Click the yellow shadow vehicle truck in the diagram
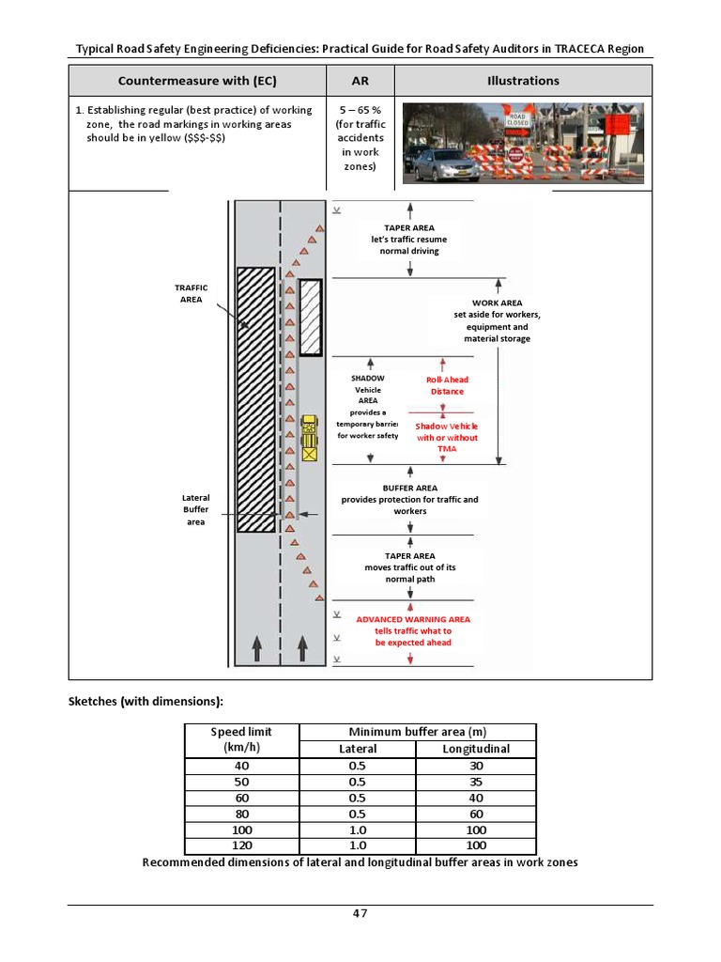click(310, 438)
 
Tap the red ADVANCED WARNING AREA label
click(413, 620)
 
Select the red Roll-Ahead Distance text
click(447, 385)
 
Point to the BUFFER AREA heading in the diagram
click(409, 489)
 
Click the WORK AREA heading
click(498, 303)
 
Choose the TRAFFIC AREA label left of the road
click(191, 293)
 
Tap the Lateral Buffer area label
click(195, 509)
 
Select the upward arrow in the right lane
click(302, 647)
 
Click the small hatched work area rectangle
click(310, 318)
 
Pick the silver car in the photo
click(446, 166)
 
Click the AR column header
click(360, 81)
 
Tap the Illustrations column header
click(523, 81)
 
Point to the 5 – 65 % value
click(360, 110)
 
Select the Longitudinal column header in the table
click(476, 749)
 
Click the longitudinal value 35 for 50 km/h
click(476, 782)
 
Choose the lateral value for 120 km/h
click(357, 846)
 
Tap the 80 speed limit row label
click(242, 814)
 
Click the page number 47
click(360, 914)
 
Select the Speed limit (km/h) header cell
click(242, 740)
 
